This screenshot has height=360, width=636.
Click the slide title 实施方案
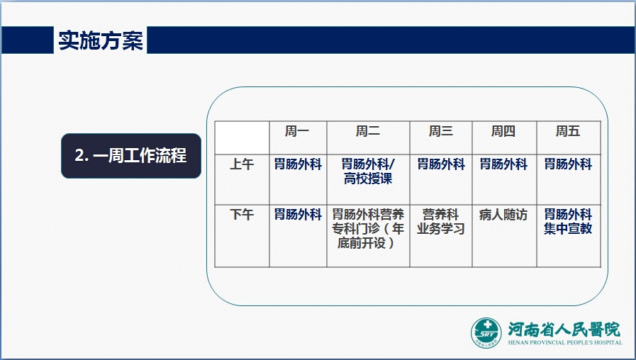tap(101, 40)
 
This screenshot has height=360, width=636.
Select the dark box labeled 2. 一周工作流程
tap(131, 156)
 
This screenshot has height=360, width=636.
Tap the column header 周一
tap(297, 131)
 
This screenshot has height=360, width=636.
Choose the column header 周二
tap(368, 131)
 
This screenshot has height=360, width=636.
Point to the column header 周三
tap(441, 131)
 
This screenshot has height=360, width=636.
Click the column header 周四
tap(503, 131)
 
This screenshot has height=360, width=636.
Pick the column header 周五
tap(568, 131)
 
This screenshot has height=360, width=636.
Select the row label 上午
tap(242, 164)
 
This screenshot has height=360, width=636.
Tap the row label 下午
tap(242, 214)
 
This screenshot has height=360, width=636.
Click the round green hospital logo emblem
tap(486, 333)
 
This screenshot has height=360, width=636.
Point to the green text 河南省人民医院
tap(564, 329)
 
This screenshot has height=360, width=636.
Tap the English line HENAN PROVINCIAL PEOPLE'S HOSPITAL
tap(565, 342)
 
